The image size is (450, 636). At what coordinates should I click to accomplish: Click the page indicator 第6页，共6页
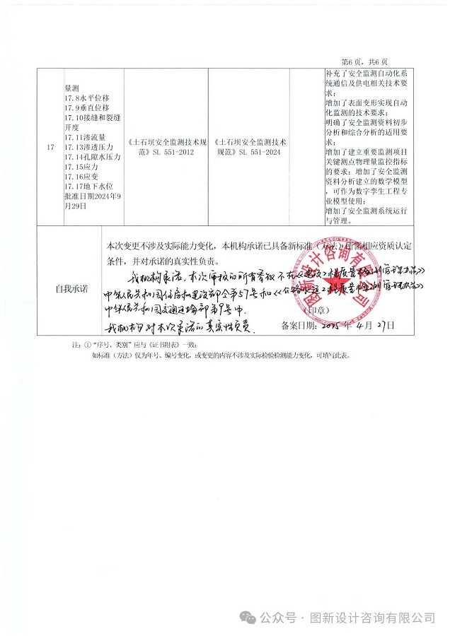click(x=369, y=61)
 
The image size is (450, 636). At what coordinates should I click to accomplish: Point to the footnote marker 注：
click(x=76, y=345)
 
